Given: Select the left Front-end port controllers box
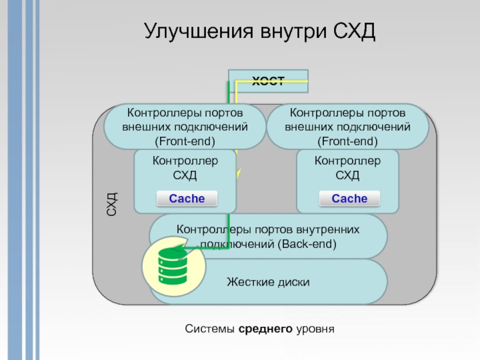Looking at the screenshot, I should coord(184,127).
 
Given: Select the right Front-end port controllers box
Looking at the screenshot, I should coord(347,127).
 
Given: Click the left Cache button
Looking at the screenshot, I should coord(187,199).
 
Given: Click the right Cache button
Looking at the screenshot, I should coord(349,199).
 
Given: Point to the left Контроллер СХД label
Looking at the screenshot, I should coord(185,168).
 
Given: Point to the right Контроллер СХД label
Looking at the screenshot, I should coord(347,168).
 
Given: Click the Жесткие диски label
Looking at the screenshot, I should coord(268,281).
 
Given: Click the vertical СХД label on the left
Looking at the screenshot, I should coord(112,204).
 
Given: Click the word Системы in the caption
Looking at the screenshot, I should coord(210,329).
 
